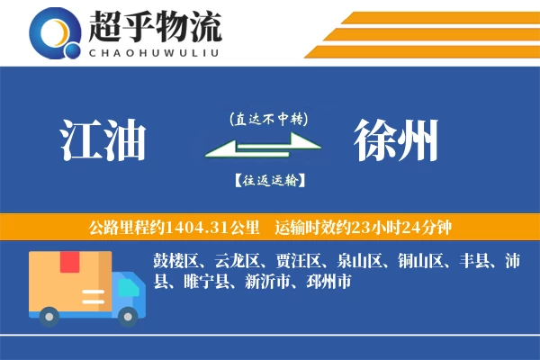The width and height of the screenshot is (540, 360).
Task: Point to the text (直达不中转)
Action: tap(268, 119)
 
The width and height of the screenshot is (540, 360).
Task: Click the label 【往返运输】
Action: tap(268, 180)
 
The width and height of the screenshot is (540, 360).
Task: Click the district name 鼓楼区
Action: tap(175, 262)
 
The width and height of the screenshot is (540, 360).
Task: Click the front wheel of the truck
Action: tap(129, 314)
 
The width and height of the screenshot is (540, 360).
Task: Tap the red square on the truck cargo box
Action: tap(69, 262)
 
